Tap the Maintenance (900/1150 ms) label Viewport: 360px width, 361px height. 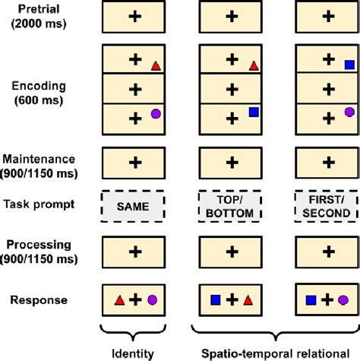coord(39,165)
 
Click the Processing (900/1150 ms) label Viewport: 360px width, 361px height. coord(39,249)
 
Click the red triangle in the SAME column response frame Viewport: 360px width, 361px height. coord(118,301)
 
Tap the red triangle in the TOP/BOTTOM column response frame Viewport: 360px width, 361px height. coord(248,301)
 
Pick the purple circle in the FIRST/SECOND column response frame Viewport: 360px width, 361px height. coord(344,301)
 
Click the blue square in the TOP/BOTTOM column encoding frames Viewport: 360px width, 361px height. coord(254,112)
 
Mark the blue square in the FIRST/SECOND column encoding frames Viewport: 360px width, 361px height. coord(349,65)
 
